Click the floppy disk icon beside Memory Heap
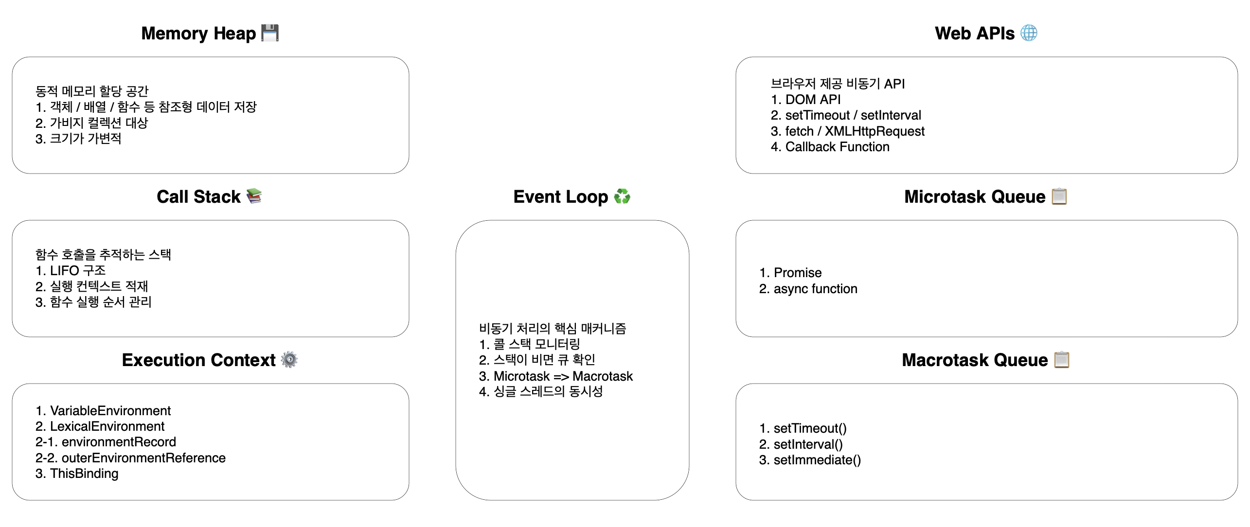270,33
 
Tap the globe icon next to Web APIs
1029,33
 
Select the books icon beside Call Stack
254,196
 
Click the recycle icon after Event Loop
622,196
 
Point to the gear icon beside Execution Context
289,360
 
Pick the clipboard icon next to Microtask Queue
1059,196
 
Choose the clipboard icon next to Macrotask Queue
1062,360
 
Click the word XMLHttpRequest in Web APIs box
875,131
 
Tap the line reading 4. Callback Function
830,147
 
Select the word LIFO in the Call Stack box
64,270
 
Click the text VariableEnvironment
110,411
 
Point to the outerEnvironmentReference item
143,458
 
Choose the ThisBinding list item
84,474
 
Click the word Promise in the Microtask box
798,273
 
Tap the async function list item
815,289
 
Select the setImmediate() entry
817,460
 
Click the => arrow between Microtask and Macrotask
561,376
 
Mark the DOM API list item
813,100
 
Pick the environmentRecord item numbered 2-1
119,442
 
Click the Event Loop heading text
560,196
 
